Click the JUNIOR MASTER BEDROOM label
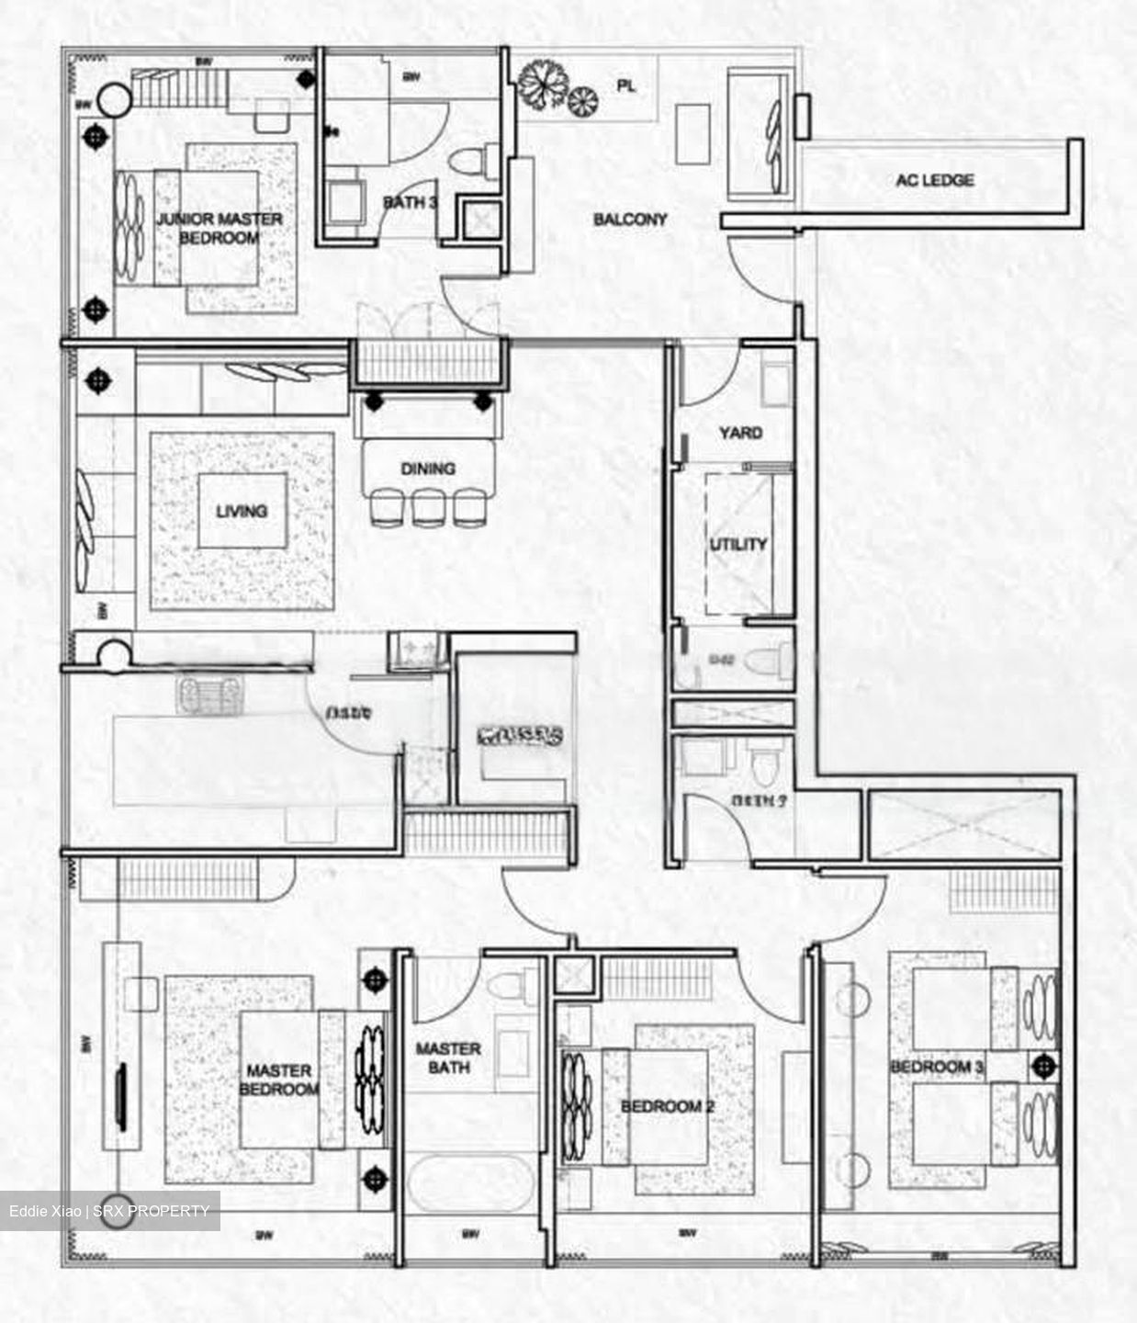point(220,228)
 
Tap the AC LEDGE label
point(935,180)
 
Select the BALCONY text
point(630,220)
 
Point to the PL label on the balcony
point(626,86)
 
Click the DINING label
point(428,469)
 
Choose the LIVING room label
point(242,511)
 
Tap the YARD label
point(740,432)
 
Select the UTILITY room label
point(737,544)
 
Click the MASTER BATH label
point(448,1057)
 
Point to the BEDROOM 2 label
point(667,1106)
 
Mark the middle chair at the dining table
point(428,507)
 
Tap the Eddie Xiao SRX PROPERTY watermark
point(109,1211)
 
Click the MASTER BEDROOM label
point(278,1080)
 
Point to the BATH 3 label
point(410,202)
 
